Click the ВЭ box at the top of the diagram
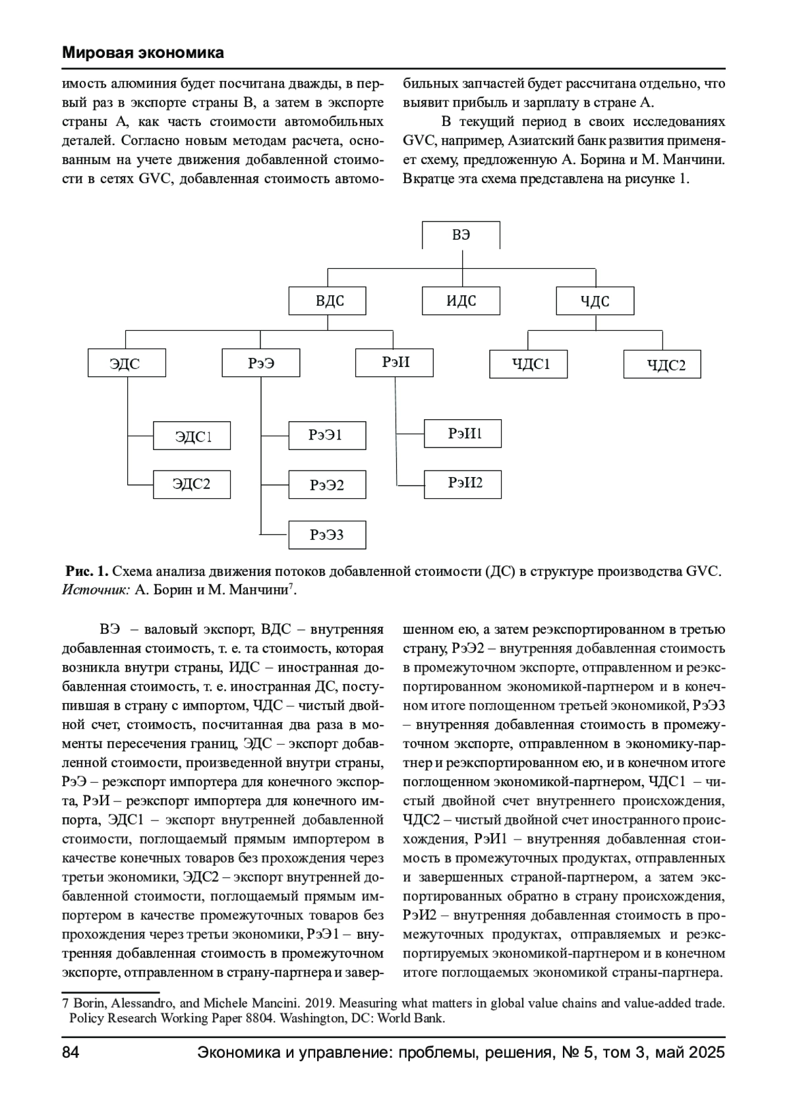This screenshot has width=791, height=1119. pyautogui.click(x=461, y=235)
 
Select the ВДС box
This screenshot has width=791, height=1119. pyautogui.click(x=327, y=301)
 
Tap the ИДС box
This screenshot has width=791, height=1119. pyautogui.click(x=461, y=301)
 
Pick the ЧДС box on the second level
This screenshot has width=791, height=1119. pyautogui.click(x=595, y=301)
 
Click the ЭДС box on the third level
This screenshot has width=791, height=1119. pyautogui.click(x=127, y=363)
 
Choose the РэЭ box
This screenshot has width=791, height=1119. pyautogui.click(x=261, y=363)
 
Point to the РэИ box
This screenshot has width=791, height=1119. pyautogui.click(x=394, y=362)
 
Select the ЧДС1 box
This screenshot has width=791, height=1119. pyautogui.click(x=528, y=364)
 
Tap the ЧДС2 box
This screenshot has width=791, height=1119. pyautogui.click(x=662, y=364)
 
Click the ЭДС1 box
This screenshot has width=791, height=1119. pyautogui.click(x=192, y=436)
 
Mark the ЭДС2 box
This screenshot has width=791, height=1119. pyautogui.click(x=192, y=484)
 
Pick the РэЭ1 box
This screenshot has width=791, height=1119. pyautogui.click(x=327, y=435)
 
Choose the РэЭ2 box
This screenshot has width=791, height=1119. pyautogui.click(x=327, y=485)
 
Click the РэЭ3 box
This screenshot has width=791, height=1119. pyautogui.click(x=327, y=534)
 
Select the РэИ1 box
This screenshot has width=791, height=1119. pyautogui.click(x=463, y=433)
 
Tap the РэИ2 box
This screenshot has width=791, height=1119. pyautogui.click(x=463, y=483)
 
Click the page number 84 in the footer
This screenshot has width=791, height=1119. pyautogui.click(x=71, y=1052)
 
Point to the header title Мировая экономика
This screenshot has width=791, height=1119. pyautogui.click(x=143, y=53)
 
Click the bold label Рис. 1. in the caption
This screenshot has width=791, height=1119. pyautogui.click(x=86, y=571)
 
